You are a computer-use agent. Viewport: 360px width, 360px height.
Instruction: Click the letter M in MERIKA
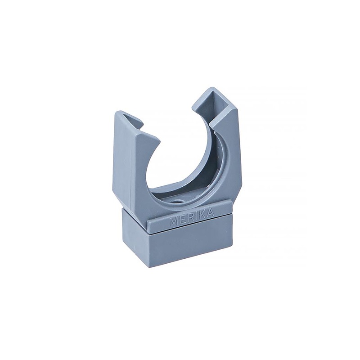pyautogui.click(x=174, y=221)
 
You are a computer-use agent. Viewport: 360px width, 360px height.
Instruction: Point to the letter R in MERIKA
pyautogui.click(x=188, y=217)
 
